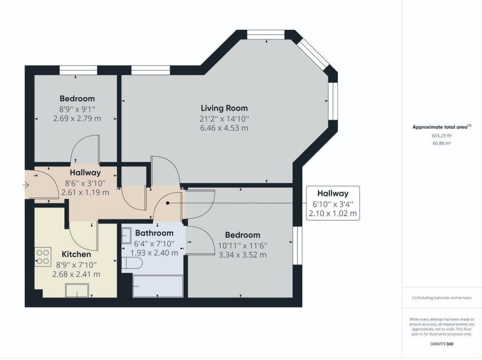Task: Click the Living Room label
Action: pos(224,108)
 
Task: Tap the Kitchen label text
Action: pos(76,254)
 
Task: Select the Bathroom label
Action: pos(154,233)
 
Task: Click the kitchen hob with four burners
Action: pos(43,257)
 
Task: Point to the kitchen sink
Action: pos(77,290)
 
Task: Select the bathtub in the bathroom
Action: pos(158,286)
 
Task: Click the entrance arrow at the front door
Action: pos(26,185)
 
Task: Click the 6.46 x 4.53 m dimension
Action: pos(224,128)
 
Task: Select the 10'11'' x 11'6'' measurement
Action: pos(243,245)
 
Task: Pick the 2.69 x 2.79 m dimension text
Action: pos(77,118)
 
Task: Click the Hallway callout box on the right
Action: pos(333,203)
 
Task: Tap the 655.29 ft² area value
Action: pos(441,136)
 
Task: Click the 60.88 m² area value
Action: pos(441,143)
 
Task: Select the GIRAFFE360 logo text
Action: pos(441,344)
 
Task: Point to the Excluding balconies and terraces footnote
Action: pos(441,298)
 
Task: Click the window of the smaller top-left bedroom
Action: pos(78,70)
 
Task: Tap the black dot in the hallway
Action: pos(168,203)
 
